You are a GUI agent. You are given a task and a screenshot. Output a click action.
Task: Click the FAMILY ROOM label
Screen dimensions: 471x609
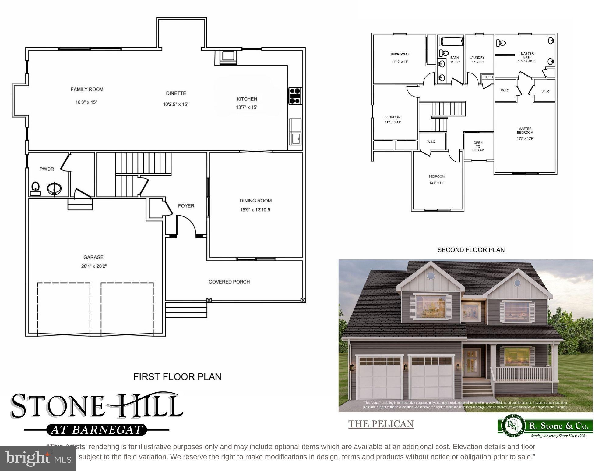click(x=87, y=89)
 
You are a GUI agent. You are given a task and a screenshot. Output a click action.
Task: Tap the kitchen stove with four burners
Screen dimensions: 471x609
click(x=295, y=96)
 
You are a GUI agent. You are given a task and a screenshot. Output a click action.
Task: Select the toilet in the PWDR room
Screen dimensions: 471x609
click(x=35, y=188)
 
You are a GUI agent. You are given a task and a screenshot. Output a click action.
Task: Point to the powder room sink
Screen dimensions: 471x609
click(x=55, y=188)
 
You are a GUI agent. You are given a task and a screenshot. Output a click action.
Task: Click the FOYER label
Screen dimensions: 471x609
click(x=186, y=206)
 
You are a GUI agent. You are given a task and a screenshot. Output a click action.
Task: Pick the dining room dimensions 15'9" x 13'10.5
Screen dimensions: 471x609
click(x=255, y=210)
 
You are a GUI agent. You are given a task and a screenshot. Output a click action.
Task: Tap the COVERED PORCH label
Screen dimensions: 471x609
click(x=229, y=282)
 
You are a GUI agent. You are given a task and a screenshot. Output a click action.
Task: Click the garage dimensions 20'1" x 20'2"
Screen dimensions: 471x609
click(x=93, y=266)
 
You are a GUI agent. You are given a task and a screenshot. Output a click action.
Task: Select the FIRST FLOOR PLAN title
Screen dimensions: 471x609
click(x=177, y=377)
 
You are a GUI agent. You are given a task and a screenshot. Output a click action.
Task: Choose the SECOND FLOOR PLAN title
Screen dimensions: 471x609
click(x=471, y=250)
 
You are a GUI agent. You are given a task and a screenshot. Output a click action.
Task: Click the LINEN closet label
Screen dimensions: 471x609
click(x=488, y=77)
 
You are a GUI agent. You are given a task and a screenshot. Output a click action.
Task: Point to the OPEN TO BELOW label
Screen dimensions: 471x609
click(x=478, y=146)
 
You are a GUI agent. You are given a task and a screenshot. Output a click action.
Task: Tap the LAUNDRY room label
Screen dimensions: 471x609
click(x=477, y=58)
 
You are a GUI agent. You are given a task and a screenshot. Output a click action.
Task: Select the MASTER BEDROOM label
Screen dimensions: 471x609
click(x=525, y=130)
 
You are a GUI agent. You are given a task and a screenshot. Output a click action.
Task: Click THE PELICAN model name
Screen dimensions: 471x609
click(x=381, y=424)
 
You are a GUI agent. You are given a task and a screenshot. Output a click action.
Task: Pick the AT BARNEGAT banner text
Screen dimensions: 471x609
click(x=97, y=430)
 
